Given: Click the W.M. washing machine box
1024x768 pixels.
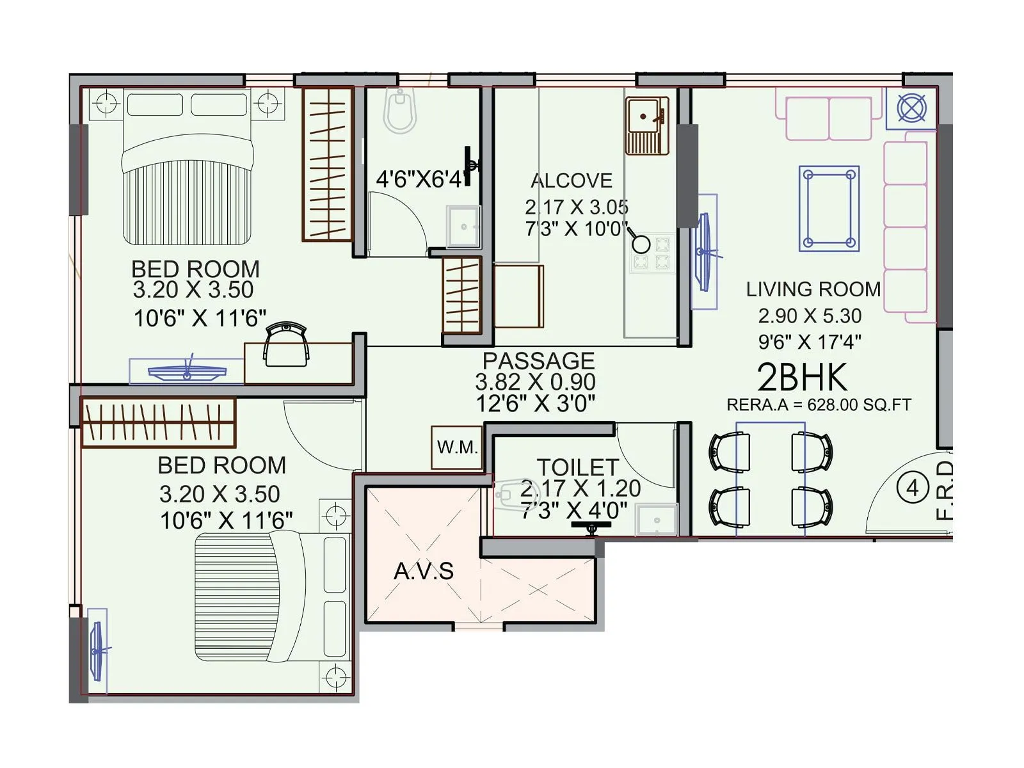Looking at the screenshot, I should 457,447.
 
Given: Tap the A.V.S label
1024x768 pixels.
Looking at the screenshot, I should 424,571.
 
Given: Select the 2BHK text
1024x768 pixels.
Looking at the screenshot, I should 802,378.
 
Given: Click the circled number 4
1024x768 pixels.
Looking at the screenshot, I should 912,488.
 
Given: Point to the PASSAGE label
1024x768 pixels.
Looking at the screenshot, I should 538,360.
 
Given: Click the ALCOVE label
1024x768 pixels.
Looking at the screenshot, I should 572,180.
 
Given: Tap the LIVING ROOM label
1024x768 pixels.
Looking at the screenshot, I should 813,289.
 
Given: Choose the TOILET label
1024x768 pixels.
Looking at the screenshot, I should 577,467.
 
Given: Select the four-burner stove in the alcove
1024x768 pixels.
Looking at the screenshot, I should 652,253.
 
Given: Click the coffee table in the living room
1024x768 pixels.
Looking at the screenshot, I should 829,209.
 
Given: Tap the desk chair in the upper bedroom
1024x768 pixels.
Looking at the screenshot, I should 287,344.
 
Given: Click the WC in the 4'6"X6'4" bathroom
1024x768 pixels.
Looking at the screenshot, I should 401,111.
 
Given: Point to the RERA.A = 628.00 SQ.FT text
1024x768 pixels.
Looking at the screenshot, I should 819,404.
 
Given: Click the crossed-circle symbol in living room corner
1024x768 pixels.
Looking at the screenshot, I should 911,108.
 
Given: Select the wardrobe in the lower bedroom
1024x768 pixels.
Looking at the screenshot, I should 159,422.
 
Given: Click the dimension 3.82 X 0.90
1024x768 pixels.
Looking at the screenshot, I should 535,382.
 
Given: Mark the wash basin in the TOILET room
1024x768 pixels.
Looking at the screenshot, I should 656,520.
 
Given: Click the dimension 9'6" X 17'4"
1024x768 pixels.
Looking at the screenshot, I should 809,342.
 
